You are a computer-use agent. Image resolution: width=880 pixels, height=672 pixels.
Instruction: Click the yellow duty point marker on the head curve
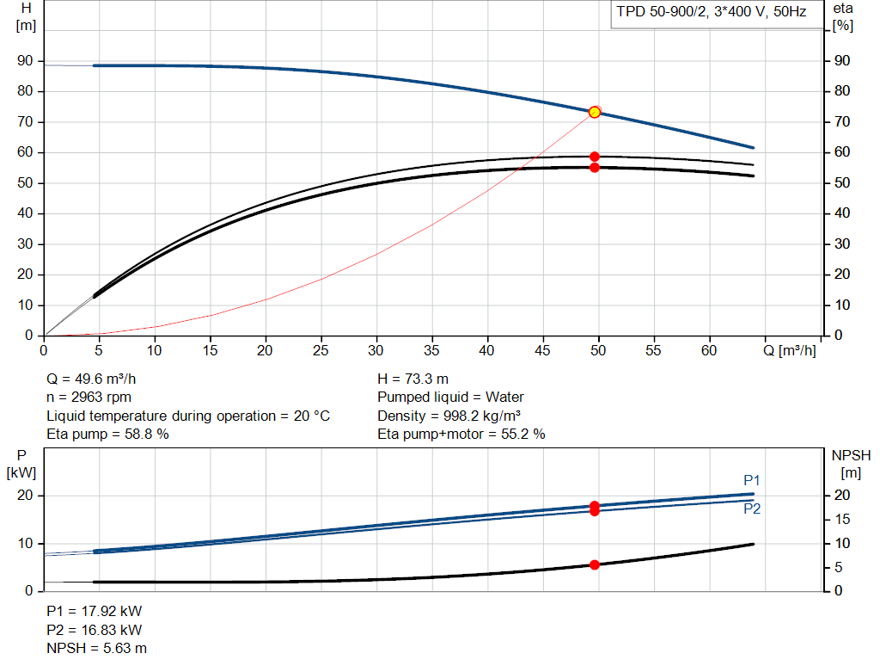point(595,113)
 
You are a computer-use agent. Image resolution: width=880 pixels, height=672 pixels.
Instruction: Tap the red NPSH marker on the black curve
point(595,564)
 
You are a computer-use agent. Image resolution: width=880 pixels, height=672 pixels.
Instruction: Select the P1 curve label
point(751,480)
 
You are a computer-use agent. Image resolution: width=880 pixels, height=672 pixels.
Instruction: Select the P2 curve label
point(752,509)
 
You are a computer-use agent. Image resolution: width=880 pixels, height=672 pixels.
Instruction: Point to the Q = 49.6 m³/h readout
point(91,379)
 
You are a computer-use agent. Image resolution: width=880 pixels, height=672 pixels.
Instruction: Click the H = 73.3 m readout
point(413,379)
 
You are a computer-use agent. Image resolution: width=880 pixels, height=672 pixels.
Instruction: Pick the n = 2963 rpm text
point(89,398)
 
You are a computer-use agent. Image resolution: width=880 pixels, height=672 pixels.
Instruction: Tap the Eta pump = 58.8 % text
point(107,434)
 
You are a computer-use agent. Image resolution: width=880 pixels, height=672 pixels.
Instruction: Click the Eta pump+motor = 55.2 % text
point(461,434)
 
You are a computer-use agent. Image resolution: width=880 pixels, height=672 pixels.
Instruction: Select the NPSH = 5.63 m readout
point(96,648)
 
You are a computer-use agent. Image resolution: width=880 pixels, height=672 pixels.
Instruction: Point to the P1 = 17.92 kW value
point(95,611)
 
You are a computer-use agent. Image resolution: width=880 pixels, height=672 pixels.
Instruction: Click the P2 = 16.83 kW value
point(95,630)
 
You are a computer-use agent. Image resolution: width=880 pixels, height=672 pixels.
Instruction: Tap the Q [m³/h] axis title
point(790,350)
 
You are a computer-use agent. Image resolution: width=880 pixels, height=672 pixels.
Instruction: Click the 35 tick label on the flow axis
point(431,350)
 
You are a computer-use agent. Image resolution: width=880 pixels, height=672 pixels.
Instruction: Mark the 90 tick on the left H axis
point(25,61)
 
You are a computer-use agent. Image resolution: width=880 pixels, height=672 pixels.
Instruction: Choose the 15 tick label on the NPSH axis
point(842,519)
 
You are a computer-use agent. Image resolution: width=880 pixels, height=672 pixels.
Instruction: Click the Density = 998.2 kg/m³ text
point(449,416)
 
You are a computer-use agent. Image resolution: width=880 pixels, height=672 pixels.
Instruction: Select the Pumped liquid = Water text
point(450,398)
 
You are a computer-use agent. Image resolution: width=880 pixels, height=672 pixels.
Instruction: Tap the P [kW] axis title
point(21,464)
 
